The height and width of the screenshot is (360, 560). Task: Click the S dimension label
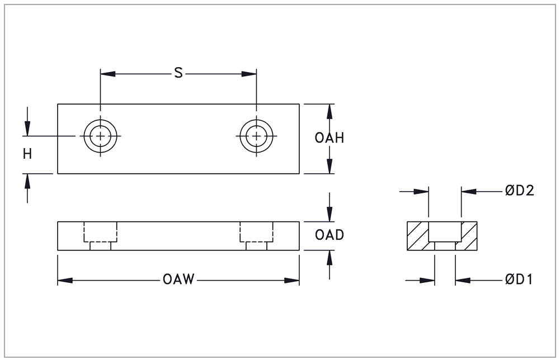(x=178, y=73)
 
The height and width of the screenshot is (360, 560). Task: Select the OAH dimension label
(x=330, y=138)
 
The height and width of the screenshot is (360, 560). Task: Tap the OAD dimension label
(x=330, y=235)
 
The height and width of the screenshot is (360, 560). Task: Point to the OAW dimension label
(x=178, y=280)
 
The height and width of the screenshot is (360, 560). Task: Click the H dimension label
(x=27, y=154)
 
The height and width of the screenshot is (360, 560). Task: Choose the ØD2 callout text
(x=520, y=191)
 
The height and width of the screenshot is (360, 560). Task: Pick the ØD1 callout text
(x=519, y=280)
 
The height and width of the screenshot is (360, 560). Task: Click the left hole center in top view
(x=101, y=136)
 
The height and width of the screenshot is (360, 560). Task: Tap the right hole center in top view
(x=256, y=136)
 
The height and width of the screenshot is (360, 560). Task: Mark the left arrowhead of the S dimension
(x=108, y=74)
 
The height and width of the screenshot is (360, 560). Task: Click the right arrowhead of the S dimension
(x=249, y=74)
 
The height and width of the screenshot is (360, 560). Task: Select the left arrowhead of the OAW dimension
(x=65, y=281)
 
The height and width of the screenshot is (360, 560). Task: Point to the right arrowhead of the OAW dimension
(x=292, y=281)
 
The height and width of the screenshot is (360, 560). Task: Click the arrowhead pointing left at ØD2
(x=469, y=192)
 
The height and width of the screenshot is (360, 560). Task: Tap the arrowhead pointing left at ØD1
(x=463, y=281)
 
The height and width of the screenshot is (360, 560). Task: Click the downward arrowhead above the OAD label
(x=330, y=214)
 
